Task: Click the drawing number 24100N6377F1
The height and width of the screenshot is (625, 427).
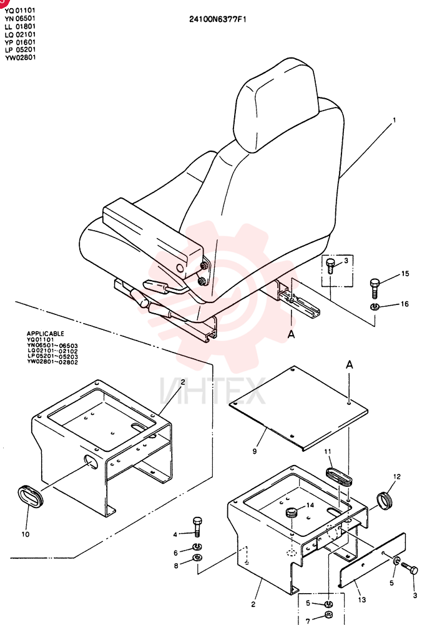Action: [x=218, y=19]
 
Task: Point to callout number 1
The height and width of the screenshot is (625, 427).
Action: [x=395, y=119]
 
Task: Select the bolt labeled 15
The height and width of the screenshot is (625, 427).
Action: [x=375, y=287]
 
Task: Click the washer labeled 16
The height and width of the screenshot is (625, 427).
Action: [x=374, y=306]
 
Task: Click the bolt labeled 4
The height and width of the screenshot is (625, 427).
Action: [x=197, y=526]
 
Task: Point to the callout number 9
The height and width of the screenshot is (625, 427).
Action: [x=255, y=451]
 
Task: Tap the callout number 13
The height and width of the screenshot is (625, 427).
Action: [x=361, y=599]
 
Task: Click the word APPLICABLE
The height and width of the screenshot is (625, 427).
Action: [x=46, y=334]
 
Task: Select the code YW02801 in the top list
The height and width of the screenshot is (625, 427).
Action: [x=21, y=57]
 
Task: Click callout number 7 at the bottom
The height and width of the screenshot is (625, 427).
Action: [x=308, y=621]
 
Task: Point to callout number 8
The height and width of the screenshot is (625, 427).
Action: [x=176, y=565]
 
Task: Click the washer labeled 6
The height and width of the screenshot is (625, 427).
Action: [x=197, y=546]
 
